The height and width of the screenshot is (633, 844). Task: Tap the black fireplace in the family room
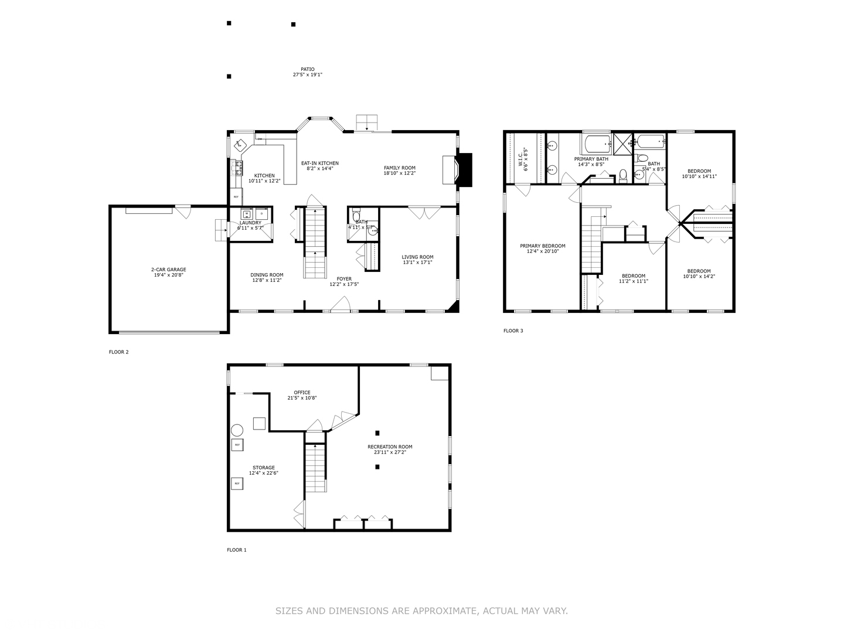pos(464,170)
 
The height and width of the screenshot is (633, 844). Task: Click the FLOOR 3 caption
pos(513,331)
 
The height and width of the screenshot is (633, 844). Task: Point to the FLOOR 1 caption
pos(237,550)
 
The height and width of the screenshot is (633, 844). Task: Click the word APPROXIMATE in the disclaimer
pos(445,611)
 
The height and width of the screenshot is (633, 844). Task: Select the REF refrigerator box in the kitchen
pos(236,197)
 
